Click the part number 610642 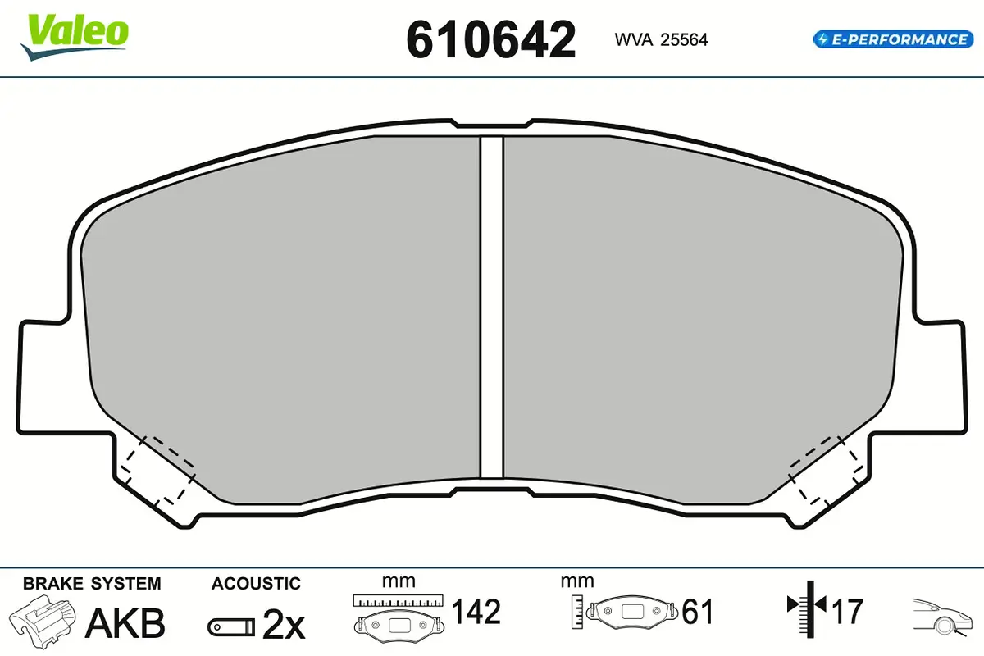coord(490,39)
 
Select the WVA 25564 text coord(661,39)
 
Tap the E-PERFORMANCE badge coord(893,39)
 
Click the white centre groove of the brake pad coord(491,307)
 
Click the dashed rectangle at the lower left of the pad coord(157,470)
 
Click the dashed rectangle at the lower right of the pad coord(826,470)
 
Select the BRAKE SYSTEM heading coord(92,584)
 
